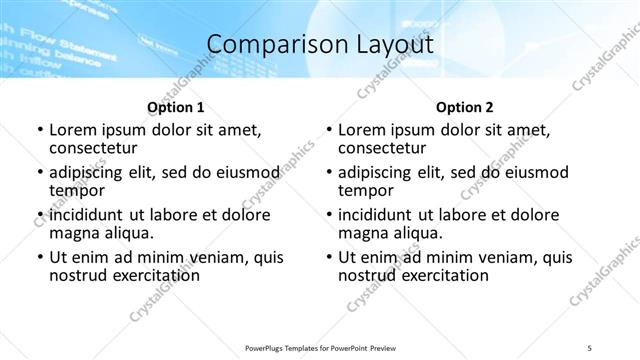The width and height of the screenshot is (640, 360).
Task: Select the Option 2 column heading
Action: tap(465, 107)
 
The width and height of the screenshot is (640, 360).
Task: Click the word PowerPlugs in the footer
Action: tap(268, 348)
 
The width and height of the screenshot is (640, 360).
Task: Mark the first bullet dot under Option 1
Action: tap(39, 130)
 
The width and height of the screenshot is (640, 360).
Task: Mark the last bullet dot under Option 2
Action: tap(329, 258)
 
